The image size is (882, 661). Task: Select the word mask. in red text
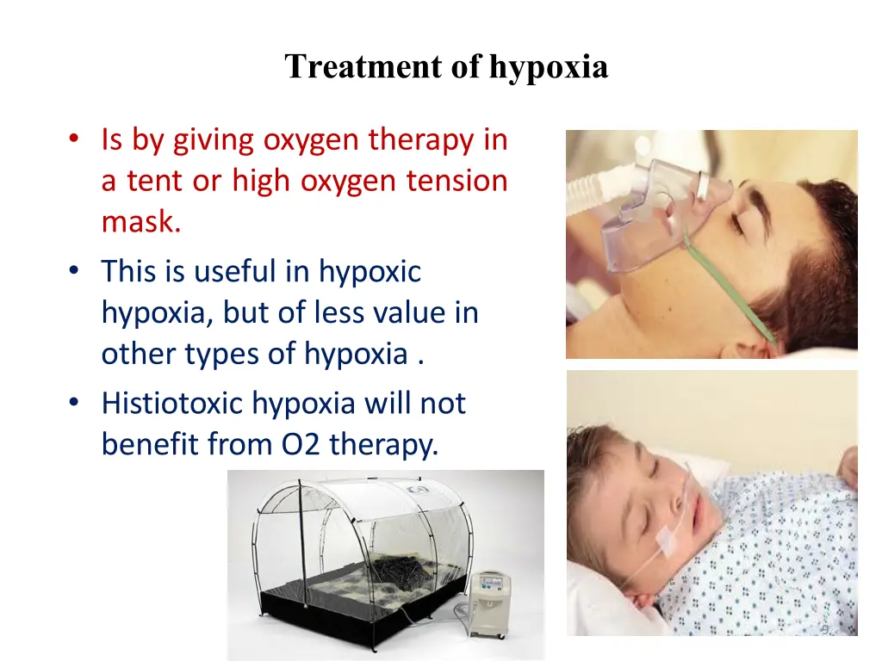(x=141, y=222)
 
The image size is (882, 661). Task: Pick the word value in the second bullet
(x=408, y=312)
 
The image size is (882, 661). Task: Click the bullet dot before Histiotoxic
(x=76, y=403)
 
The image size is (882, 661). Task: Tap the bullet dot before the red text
(x=76, y=139)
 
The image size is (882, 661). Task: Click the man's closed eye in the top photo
(x=737, y=222)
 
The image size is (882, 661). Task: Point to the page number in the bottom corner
(x=824, y=631)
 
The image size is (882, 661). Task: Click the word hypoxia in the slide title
(x=549, y=66)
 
